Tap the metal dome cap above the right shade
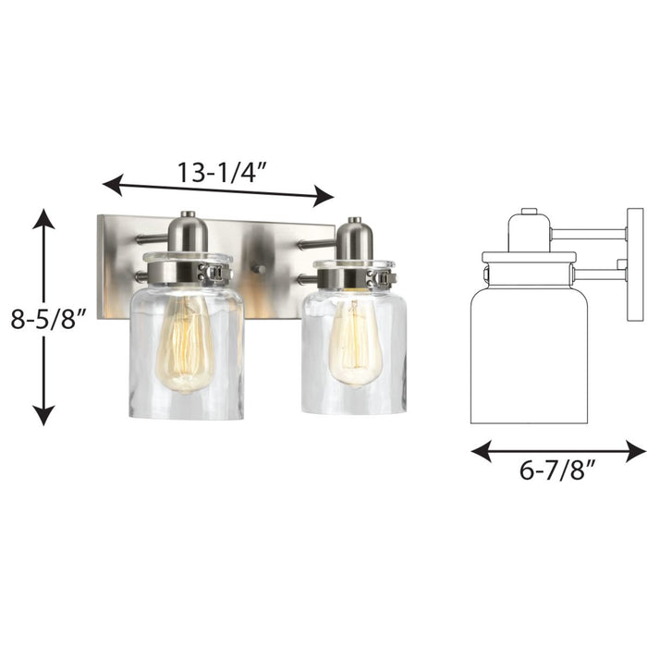click(x=353, y=239)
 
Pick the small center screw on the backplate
click(x=261, y=270)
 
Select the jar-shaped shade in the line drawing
click(x=529, y=351)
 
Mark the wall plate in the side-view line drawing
click(x=635, y=264)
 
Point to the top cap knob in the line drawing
click(x=529, y=213)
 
